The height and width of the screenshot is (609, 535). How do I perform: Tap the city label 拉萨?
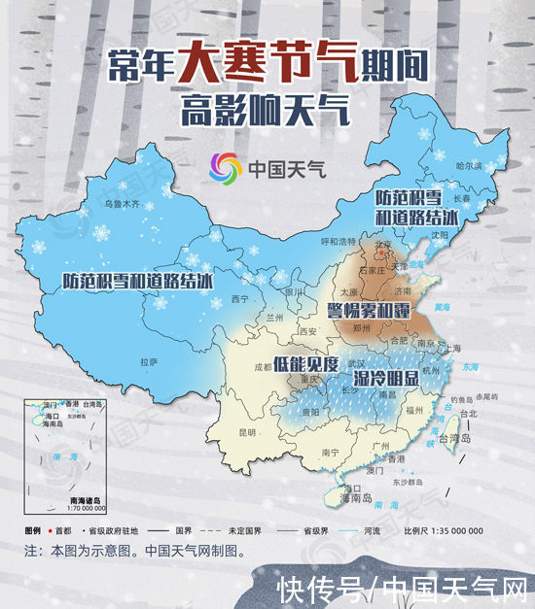149,361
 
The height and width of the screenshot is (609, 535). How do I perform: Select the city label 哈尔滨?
469,167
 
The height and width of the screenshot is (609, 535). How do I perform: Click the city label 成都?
263,368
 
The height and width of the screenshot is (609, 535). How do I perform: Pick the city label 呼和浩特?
339,240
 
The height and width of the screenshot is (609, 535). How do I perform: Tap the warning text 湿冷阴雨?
386,376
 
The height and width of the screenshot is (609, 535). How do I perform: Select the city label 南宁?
330,452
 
